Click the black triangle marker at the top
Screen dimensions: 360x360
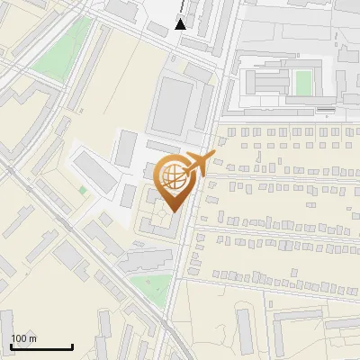pos(182,24)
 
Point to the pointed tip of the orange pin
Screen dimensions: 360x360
pos(173,211)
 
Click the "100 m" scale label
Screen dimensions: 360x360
pos(23,338)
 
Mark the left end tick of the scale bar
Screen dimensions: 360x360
pos(12,346)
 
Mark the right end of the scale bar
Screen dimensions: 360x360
pos(72,346)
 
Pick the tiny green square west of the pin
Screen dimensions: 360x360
pos(83,190)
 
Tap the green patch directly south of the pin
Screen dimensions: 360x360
pos(149,288)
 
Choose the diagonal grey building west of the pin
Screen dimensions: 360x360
pos(94,172)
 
